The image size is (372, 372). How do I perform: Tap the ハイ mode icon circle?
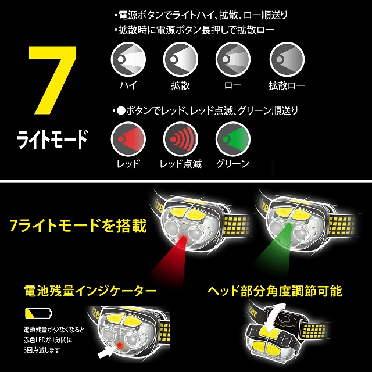tap(128, 59)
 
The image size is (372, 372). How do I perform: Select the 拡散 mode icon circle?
tap(181, 59)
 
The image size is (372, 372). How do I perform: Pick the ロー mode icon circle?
tap(233, 59)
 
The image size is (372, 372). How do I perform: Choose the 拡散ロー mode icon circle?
tap(287, 59)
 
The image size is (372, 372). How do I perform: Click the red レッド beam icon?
tap(128, 139)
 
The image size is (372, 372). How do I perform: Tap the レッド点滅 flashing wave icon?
tap(181, 139)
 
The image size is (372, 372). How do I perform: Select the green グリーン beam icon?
tap(233, 139)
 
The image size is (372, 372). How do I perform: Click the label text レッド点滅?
tap(181, 164)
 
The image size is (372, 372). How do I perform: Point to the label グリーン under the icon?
tap(233, 164)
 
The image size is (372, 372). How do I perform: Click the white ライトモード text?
tap(52, 139)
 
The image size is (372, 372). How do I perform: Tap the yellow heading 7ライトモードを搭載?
tap(78, 226)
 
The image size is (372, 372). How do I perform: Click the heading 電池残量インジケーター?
tap(90, 291)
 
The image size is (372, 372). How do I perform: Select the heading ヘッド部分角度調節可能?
tap(274, 291)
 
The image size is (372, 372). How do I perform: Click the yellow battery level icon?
tap(38, 313)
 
